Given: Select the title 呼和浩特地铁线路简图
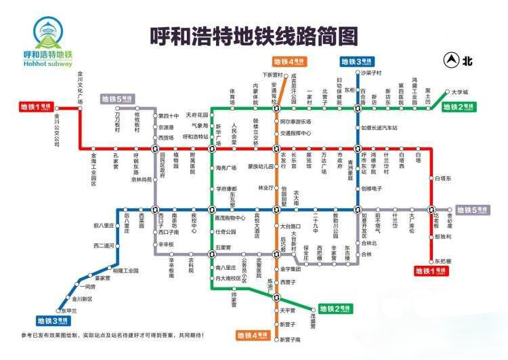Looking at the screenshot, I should coord(253,35).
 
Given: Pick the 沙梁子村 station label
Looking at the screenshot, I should coord(372,72).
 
